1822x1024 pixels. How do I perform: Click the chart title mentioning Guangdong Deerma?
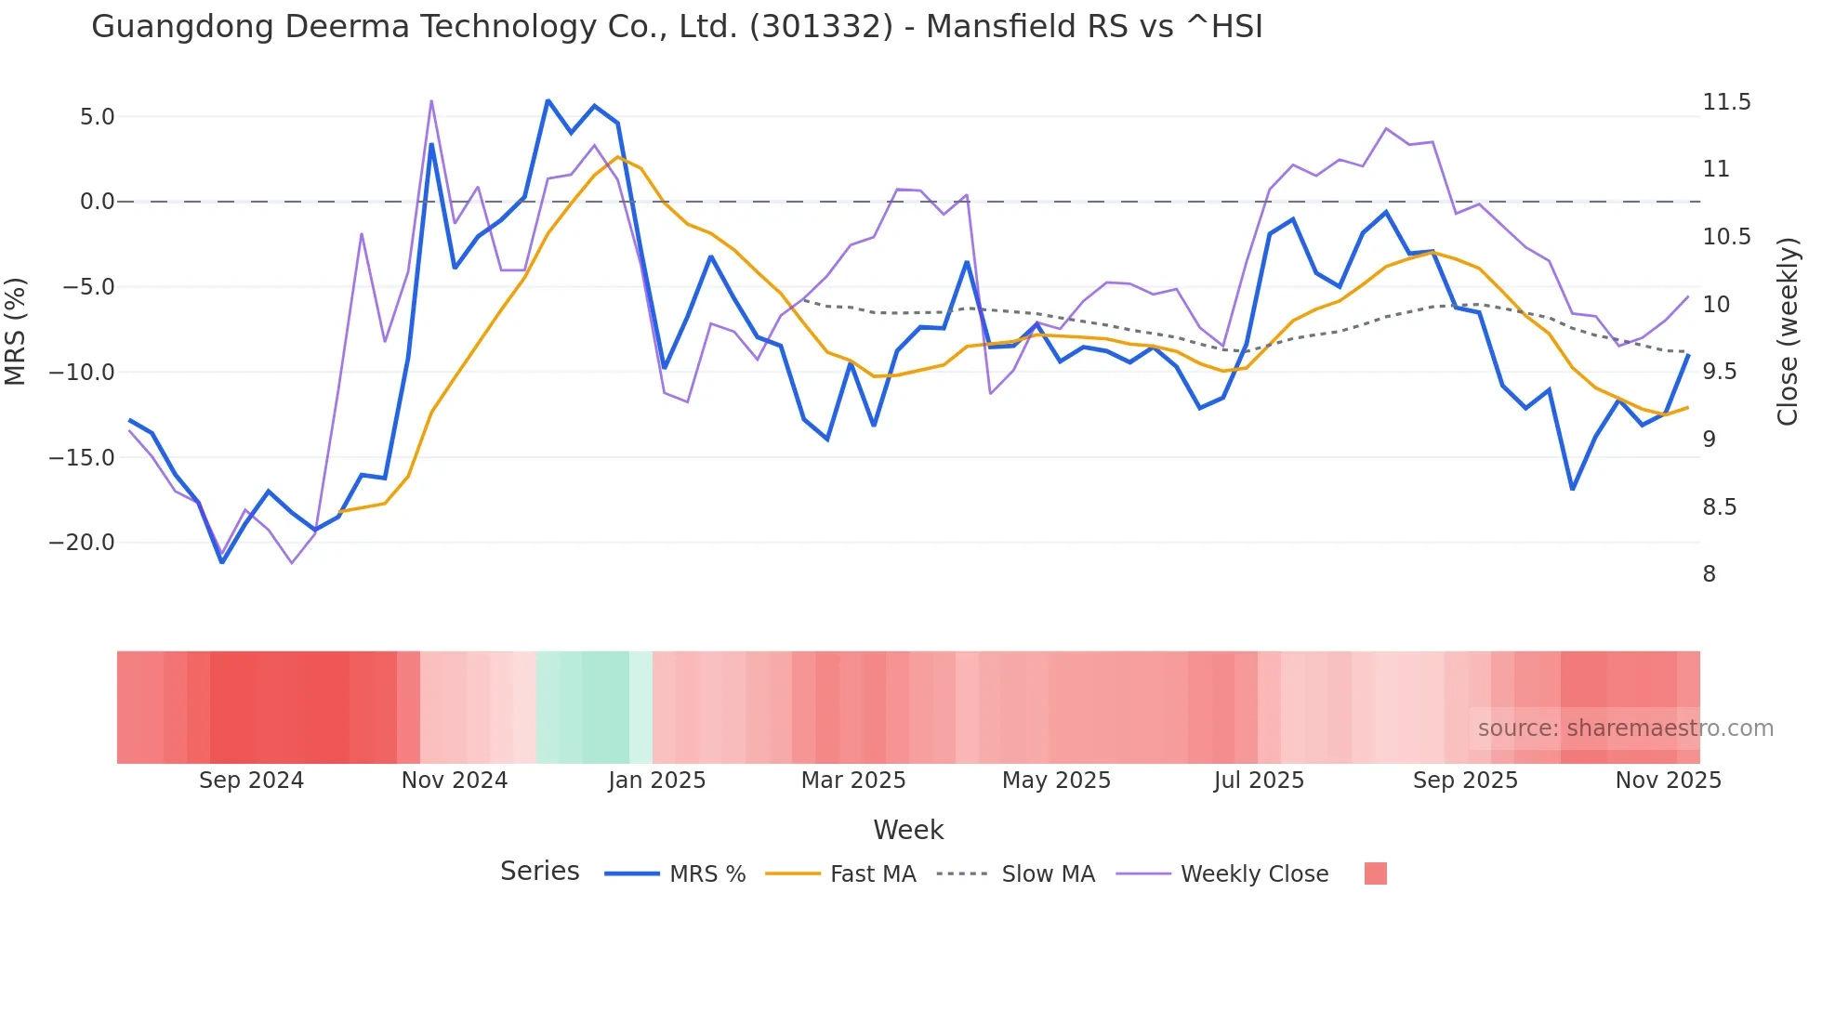677,27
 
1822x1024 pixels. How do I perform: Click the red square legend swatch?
1375,873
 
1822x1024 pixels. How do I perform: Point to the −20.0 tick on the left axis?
82,543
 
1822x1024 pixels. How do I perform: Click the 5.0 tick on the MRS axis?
97,117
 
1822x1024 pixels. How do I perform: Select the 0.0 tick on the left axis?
97,202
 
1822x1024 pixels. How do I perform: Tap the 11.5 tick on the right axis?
1726,102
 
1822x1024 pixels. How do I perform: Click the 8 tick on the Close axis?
1709,574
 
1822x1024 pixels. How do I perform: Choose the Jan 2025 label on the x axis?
656,781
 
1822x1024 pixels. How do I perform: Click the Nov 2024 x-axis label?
454,781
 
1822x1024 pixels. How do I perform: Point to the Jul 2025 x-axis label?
1259,781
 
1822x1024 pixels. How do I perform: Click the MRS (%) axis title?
16,331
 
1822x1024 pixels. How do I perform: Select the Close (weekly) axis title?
1787,331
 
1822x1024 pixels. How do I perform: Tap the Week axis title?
908,830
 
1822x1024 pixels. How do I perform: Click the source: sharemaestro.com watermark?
1625,729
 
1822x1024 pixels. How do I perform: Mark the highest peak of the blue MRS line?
548,100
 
